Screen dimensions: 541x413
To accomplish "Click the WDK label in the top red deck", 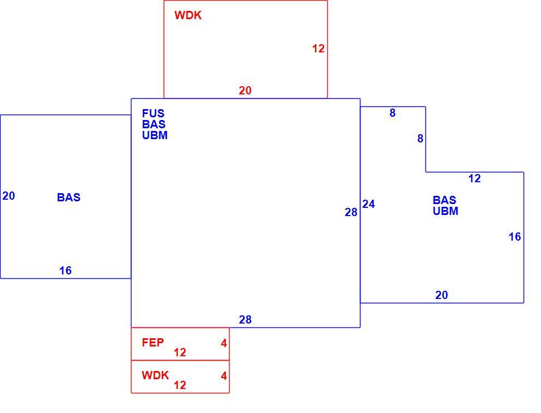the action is click(188, 15).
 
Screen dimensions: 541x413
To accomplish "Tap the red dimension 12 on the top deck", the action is click(318, 49).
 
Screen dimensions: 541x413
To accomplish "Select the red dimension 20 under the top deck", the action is click(245, 91).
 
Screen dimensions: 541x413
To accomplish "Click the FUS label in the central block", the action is click(153, 113).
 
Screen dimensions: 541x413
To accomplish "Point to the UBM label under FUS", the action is click(155, 135).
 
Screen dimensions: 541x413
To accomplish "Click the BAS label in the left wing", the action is click(69, 197).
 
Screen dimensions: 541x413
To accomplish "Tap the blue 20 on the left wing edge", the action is click(9, 196).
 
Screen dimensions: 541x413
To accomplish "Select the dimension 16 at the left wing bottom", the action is click(65, 271).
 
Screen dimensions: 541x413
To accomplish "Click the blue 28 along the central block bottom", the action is click(245, 320).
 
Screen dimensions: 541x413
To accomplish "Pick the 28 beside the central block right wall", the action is click(351, 212).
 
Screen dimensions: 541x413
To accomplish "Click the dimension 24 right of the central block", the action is click(369, 204).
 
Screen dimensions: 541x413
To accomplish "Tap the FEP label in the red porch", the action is click(153, 343).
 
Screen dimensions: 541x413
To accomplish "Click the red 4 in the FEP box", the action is click(224, 343).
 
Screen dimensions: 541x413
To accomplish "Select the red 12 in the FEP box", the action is click(180, 352).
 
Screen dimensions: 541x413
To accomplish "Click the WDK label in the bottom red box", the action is click(155, 375).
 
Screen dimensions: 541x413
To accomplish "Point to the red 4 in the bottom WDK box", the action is click(224, 376).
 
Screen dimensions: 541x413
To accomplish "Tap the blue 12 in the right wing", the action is click(475, 178).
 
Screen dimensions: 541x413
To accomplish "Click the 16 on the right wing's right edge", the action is click(515, 237).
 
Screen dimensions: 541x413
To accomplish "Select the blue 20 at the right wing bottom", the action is click(442, 295).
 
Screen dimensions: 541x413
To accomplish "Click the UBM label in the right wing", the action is click(446, 211).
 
